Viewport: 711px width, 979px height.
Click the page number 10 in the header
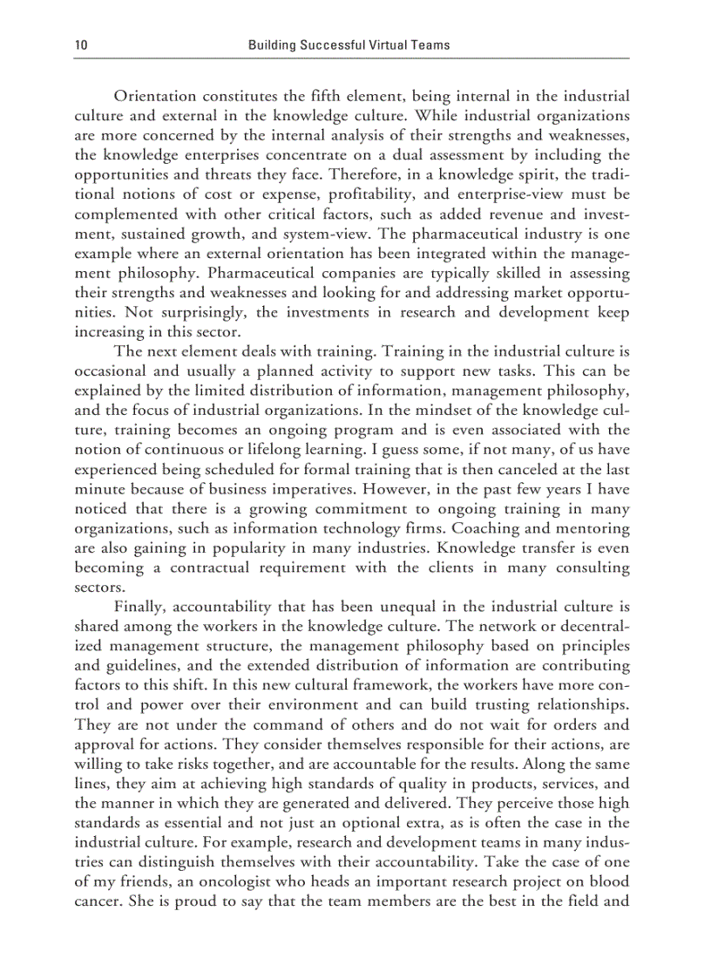point(80,44)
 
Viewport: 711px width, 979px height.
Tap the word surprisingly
point(165,312)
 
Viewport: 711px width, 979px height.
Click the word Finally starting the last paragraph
point(140,608)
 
